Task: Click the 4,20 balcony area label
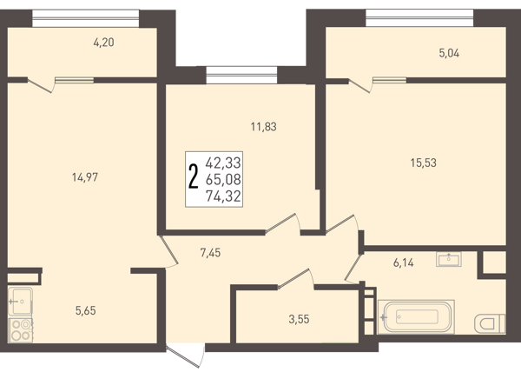[x=103, y=43]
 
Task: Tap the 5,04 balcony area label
[x=449, y=53]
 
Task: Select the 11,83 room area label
[x=263, y=127]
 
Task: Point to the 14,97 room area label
[x=85, y=177]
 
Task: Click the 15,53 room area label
[x=424, y=163]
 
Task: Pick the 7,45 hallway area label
[x=210, y=253]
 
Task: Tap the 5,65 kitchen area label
[x=86, y=311]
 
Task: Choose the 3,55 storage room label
[x=299, y=320]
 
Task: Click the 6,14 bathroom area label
[x=404, y=263]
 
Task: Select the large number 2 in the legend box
[x=194, y=176]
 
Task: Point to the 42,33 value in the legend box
[x=223, y=163]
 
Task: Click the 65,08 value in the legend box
[x=223, y=180]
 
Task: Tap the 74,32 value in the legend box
[x=223, y=196]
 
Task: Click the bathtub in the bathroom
[x=416, y=316]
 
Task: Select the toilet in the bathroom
[x=490, y=323]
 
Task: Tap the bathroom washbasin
[x=449, y=259]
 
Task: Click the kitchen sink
[x=20, y=302]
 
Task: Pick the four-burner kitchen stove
[x=20, y=330]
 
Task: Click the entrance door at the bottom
[x=185, y=356]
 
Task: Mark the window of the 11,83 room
[x=241, y=75]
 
